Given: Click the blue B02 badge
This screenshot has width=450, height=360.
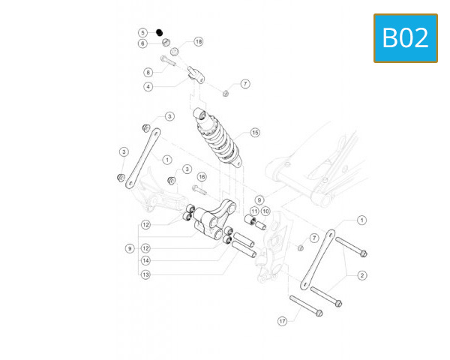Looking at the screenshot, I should click(x=406, y=37).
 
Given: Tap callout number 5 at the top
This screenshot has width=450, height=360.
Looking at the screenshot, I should click(x=142, y=32).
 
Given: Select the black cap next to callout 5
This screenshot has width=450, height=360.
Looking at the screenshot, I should click(x=160, y=31).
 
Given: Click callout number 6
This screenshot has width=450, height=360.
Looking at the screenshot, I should click(x=142, y=43).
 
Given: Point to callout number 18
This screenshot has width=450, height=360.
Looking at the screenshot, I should click(x=199, y=42).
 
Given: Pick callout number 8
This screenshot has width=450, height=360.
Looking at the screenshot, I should click(x=148, y=72).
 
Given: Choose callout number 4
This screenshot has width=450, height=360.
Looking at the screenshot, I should click(x=148, y=87).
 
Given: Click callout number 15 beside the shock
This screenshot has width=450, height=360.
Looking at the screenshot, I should click(x=255, y=133).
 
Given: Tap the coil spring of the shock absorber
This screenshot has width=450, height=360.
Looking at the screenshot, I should click(x=217, y=139).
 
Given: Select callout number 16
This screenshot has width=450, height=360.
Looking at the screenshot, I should click(x=201, y=176).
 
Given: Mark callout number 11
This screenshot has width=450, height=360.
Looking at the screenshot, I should click(x=253, y=212).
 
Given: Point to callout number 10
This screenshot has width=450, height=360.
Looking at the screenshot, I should click(x=265, y=212).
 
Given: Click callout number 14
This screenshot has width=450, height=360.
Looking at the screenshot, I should click(x=145, y=261).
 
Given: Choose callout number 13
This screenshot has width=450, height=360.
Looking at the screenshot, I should click(x=145, y=274).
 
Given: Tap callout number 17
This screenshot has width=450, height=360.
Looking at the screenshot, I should click(x=283, y=321).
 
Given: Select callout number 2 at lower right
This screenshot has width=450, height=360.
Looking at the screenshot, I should click(x=362, y=275).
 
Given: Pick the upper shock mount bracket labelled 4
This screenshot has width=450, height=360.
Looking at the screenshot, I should click(x=196, y=73).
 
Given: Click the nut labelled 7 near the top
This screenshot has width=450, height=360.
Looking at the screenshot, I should click(x=225, y=92).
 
